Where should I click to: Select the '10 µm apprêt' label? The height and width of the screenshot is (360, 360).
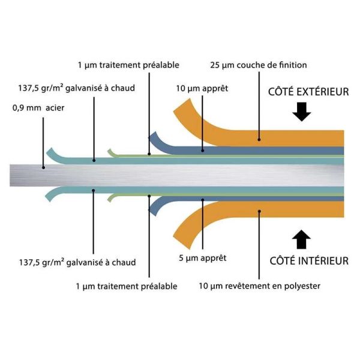click(202, 89)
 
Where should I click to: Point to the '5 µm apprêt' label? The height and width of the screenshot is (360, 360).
click(202, 258)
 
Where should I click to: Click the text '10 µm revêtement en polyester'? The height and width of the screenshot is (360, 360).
click(259, 286)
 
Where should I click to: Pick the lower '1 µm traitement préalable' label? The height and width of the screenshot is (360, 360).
click(127, 286)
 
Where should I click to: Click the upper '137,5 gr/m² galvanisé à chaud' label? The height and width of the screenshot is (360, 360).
click(77, 88)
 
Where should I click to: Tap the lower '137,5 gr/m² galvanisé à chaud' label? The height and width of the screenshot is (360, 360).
click(77, 262)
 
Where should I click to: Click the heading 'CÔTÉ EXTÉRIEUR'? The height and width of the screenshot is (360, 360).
click(308, 92)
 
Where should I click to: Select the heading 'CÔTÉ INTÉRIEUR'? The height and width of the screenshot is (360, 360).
click(309, 261)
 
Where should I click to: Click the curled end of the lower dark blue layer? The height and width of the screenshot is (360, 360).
click(154, 210)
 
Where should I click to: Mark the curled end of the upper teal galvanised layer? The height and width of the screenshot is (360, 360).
click(50, 150)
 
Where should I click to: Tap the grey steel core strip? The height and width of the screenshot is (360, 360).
click(180, 175)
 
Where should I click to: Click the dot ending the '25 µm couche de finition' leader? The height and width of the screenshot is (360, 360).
click(259, 139)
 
